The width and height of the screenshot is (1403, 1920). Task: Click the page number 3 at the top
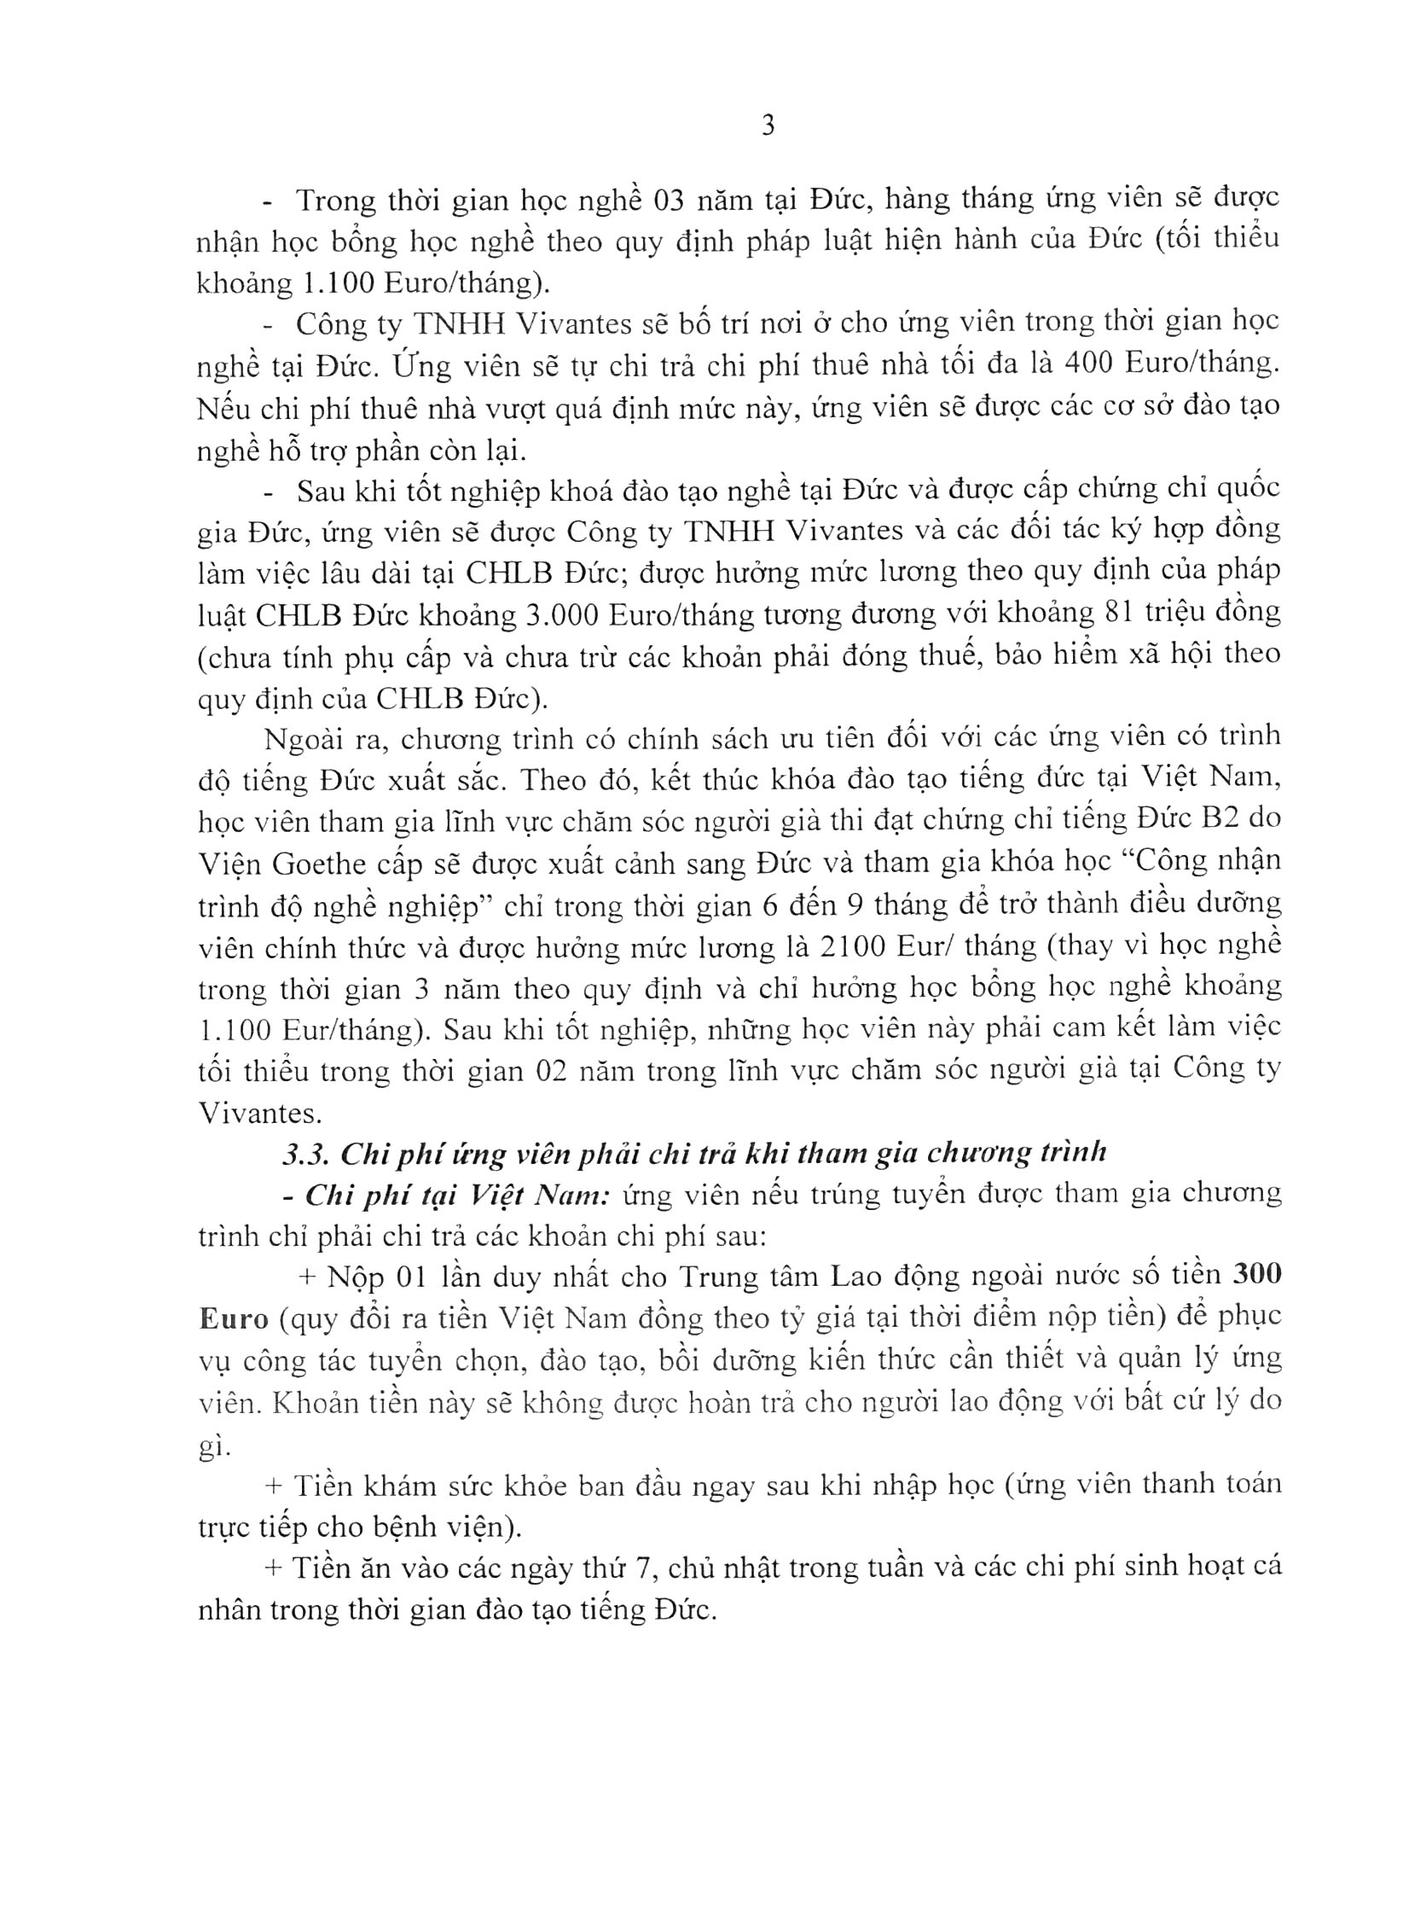click(767, 127)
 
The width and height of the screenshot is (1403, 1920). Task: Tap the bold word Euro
click(232, 1318)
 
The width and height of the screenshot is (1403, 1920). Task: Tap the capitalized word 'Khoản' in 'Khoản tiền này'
click(313, 1402)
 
